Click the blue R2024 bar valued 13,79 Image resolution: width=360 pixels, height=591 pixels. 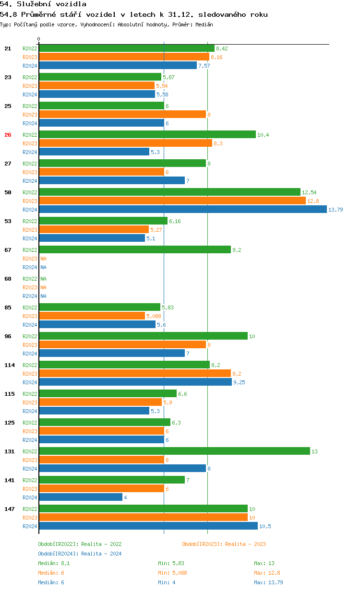182,210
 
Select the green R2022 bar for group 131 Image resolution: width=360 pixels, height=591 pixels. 174,451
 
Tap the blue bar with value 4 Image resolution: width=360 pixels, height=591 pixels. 81,497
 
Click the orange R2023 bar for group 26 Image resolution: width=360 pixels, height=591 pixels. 125,143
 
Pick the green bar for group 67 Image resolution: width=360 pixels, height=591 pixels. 135,250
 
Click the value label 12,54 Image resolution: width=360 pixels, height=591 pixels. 309,192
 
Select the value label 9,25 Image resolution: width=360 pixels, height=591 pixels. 240,382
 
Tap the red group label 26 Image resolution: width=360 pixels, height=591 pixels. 8,135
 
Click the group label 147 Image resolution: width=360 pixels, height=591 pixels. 9,509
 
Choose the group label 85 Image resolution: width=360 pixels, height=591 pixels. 8,307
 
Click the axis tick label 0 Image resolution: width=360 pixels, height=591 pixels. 39,39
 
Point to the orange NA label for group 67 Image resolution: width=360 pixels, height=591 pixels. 43,259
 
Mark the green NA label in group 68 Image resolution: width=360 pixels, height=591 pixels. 43,279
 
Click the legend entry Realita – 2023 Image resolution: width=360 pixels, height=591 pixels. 224,544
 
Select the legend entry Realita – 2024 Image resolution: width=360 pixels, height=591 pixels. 80,554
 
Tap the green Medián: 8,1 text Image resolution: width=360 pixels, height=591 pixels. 54,563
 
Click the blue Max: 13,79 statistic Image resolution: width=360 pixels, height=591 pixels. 268,582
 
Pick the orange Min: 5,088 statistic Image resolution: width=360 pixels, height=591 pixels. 172,573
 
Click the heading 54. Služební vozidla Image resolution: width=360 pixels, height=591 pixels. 43,4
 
